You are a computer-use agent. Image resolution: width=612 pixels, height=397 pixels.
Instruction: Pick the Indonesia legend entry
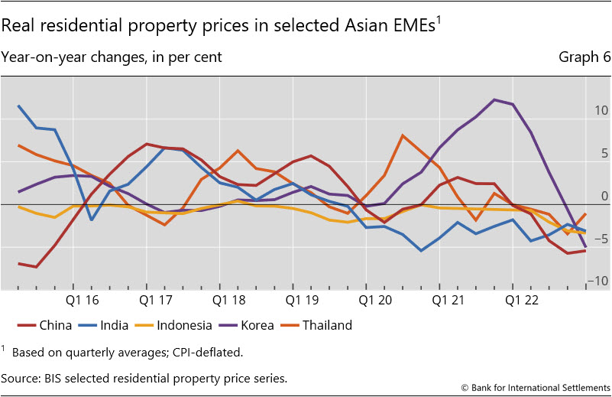183,325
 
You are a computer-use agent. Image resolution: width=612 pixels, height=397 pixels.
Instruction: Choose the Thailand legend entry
327,325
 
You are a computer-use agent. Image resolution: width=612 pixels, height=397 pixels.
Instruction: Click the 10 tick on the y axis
600,110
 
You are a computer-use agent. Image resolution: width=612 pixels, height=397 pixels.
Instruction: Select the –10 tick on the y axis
597,281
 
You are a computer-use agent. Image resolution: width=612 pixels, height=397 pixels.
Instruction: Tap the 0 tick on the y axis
603,196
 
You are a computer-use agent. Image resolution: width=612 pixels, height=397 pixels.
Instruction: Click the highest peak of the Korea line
494,99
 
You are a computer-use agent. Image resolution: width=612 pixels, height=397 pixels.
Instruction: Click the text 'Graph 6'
584,57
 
